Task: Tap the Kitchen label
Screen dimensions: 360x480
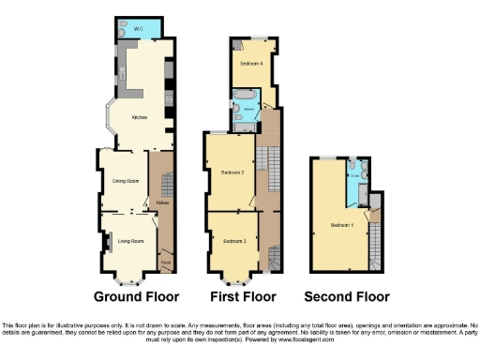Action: tap(139, 117)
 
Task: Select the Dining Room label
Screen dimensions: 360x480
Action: tap(127, 180)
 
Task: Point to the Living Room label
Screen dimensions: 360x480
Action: tap(130, 241)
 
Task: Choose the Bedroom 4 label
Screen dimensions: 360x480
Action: tap(249, 63)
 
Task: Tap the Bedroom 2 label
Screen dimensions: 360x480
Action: tap(232, 172)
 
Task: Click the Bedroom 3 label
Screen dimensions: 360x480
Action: tap(234, 242)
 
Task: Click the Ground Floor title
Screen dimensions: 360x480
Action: tap(130, 298)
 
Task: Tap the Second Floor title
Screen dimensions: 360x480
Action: tap(347, 298)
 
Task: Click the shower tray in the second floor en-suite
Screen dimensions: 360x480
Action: tap(357, 192)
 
